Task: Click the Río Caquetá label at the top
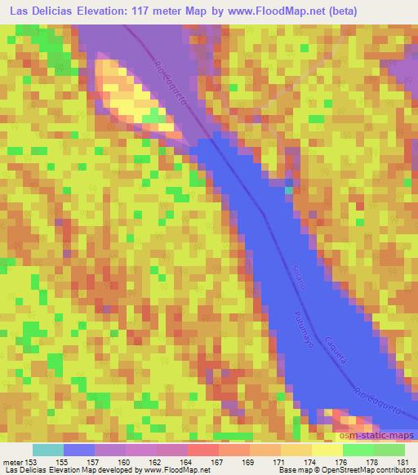[162, 79]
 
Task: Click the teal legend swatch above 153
[48, 450]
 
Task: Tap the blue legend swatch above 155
[79, 450]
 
